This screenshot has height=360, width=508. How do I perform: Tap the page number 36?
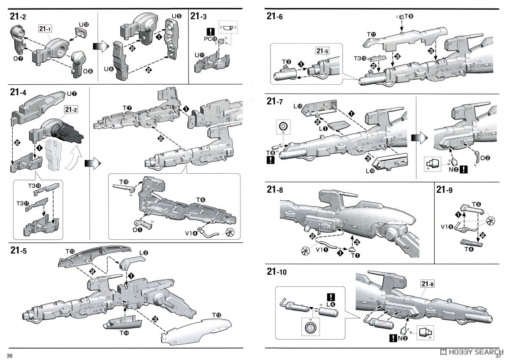[x=9, y=355]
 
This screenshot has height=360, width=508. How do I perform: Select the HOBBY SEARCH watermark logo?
[x=470, y=352]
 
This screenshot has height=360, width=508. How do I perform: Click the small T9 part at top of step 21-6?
[x=402, y=16]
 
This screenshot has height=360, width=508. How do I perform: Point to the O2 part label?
[x=486, y=158]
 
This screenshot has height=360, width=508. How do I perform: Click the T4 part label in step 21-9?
[x=469, y=249]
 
